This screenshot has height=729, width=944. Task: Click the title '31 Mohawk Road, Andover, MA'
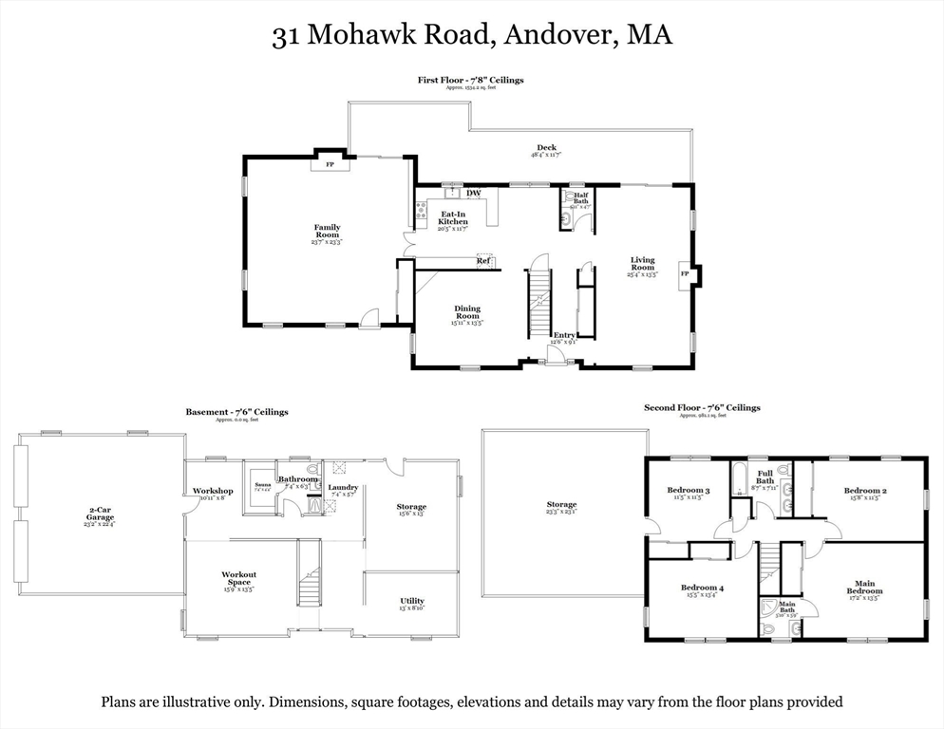pyautogui.click(x=472, y=36)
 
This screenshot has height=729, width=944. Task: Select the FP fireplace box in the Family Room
pyautogui.click(x=330, y=164)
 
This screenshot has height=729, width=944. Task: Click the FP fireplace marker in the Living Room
pyautogui.click(x=684, y=274)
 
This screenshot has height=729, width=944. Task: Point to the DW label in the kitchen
pyautogui.click(x=473, y=194)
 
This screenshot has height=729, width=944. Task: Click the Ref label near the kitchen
pyautogui.click(x=483, y=261)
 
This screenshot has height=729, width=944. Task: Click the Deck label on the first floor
pyautogui.click(x=546, y=147)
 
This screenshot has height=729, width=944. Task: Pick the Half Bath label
pyautogui.click(x=580, y=197)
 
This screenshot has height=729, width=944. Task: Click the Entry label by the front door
pyautogui.click(x=564, y=335)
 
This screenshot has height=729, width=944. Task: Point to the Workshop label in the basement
pyautogui.click(x=212, y=491)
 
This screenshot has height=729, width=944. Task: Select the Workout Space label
pyautogui.click(x=238, y=578)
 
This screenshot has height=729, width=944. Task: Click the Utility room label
pyautogui.click(x=412, y=601)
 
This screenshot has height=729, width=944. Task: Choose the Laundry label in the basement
pyautogui.click(x=343, y=487)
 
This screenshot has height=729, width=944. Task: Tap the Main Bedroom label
pyautogui.click(x=864, y=587)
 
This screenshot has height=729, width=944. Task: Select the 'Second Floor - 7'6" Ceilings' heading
pyautogui.click(x=702, y=407)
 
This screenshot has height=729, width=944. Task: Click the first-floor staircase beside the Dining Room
pyautogui.click(x=539, y=302)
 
